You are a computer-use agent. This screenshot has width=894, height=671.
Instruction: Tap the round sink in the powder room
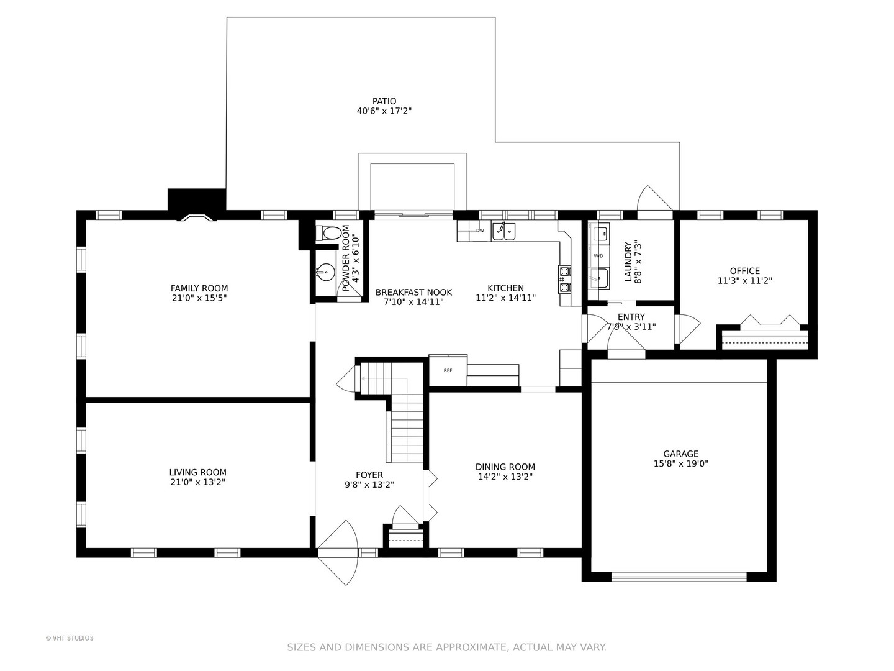pyautogui.click(x=325, y=272)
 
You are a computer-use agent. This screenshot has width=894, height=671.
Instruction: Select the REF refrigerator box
pyautogui.click(x=448, y=370)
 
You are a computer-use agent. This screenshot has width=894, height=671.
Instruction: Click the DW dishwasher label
pyautogui.click(x=480, y=231)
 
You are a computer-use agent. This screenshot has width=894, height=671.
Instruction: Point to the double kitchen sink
pyautogui.click(x=503, y=231)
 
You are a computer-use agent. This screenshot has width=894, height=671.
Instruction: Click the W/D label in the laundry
pyautogui.click(x=598, y=256)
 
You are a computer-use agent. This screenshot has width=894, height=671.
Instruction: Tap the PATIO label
pyautogui.click(x=384, y=101)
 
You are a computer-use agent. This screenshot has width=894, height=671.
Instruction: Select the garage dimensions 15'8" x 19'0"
pyautogui.click(x=680, y=463)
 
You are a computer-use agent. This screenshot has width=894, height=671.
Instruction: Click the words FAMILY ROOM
pyautogui.click(x=199, y=288)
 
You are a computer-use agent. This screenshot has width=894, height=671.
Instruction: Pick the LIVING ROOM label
pyautogui.click(x=197, y=473)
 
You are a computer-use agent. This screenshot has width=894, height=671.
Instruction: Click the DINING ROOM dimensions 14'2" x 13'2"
pyautogui.click(x=505, y=477)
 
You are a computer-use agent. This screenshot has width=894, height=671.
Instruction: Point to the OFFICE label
pyautogui.click(x=744, y=271)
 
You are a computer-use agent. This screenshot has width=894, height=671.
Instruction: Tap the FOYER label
pyautogui.click(x=369, y=475)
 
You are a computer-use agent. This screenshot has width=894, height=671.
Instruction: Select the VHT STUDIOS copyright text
pyautogui.click(x=70, y=638)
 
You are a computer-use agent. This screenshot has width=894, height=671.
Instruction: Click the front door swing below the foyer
pyautogui.click(x=338, y=552)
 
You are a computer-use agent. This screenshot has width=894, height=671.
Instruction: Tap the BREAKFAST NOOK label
pyautogui.click(x=413, y=293)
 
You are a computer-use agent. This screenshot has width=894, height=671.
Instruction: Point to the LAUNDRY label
pyautogui.click(x=628, y=262)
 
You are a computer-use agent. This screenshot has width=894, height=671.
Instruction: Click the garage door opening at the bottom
pyautogui.click(x=679, y=577)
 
